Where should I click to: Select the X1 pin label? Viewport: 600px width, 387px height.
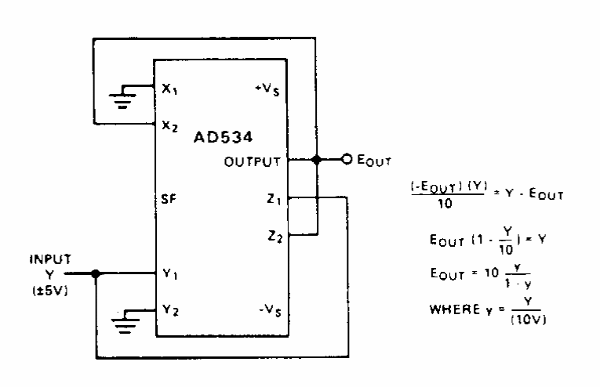click(x=170, y=89)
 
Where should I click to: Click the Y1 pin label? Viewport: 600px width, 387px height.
click(x=170, y=274)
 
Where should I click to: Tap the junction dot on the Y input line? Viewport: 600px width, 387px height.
click(x=96, y=274)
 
